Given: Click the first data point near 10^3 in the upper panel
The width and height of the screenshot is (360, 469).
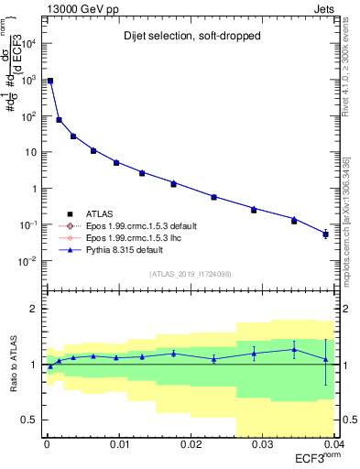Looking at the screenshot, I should click(x=50, y=81).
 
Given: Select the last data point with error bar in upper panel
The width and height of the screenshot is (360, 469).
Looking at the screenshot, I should click(x=325, y=234).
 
